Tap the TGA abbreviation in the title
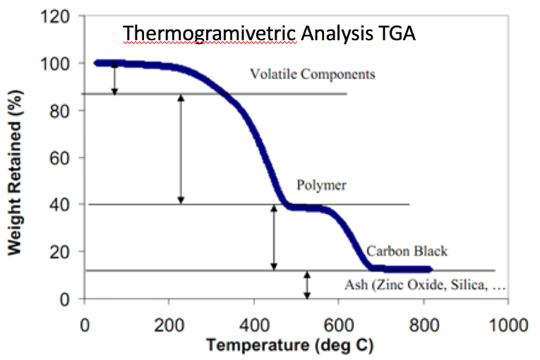[397, 32]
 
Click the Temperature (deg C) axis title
[296, 346]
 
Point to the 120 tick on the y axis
[57, 16]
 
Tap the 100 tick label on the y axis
[57, 64]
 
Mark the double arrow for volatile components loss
[114, 78]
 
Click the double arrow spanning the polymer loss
[181, 149]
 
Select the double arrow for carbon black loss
[274, 238]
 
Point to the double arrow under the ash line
[306, 284]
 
